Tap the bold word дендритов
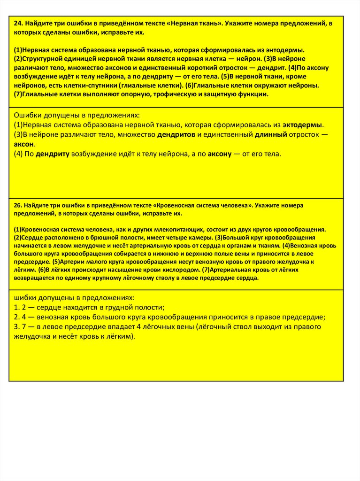176,135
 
